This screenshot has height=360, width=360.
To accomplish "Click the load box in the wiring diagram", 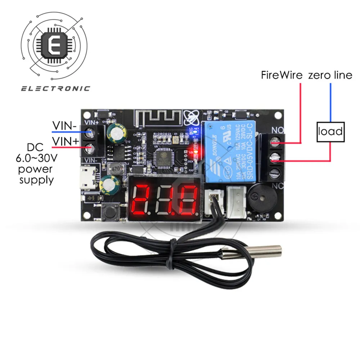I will coord(330,131).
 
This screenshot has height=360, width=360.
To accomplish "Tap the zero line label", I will coord(330,76).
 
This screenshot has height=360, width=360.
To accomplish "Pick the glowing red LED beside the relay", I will coord(195,152).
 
